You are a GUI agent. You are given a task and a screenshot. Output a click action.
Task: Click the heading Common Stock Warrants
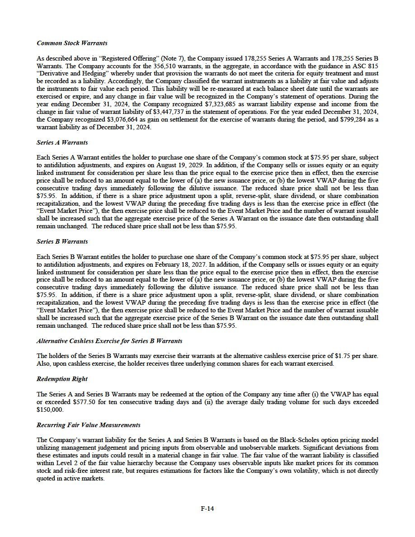click(x=72, y=43)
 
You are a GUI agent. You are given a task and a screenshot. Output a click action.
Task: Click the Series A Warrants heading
click(x=62, y=142)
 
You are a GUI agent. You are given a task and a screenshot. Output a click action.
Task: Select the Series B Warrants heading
click(x=62, y=241)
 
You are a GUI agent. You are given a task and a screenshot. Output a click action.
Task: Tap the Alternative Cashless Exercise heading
click(x=109, y=340)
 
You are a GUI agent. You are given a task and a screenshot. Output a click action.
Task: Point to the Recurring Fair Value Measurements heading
click(x=88, y=425)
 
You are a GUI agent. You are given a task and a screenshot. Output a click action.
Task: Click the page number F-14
click(x=207, y=508)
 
